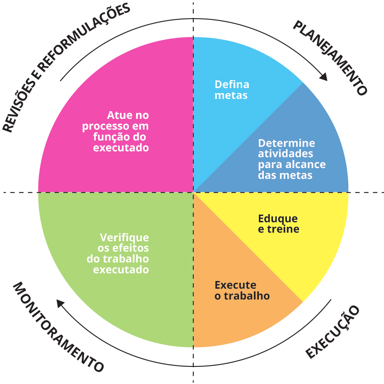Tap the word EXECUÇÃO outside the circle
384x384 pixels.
pos(333,332)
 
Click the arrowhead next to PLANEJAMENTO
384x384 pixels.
pos(323,77)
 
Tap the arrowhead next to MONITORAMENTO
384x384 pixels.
pos(60,303)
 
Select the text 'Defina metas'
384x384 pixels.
pos(232,90)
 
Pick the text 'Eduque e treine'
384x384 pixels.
pos(278,224)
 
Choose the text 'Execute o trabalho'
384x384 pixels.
pos(242,290)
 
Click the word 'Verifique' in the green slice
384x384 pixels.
pos(124,238)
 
